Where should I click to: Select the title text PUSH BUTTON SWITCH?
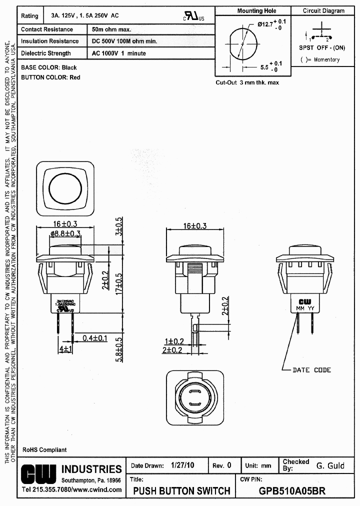(x=181, y=490)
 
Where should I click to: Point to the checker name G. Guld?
(x=330, y=465)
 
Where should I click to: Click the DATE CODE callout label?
(x=311, y=370)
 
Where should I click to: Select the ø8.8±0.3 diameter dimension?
(x=65, y=233)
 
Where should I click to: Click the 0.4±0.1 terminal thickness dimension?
(x=95, y=338)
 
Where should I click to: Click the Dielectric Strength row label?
(x=46, y=53)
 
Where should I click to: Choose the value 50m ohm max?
(x=111, y=29)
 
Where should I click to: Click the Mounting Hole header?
(x=256, y=10)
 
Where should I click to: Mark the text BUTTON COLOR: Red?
(x=50, y=77)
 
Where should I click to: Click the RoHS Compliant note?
(x=44, y=450)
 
